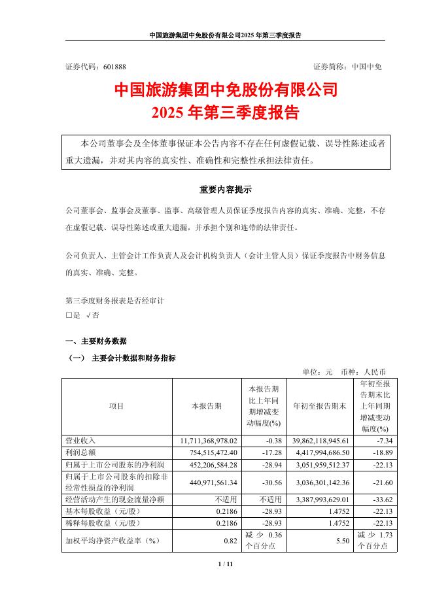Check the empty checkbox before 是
point(69,315)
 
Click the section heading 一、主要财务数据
point(96,341)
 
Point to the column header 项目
point(116,406)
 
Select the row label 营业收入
point(80,441)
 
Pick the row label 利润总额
point(80,453)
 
